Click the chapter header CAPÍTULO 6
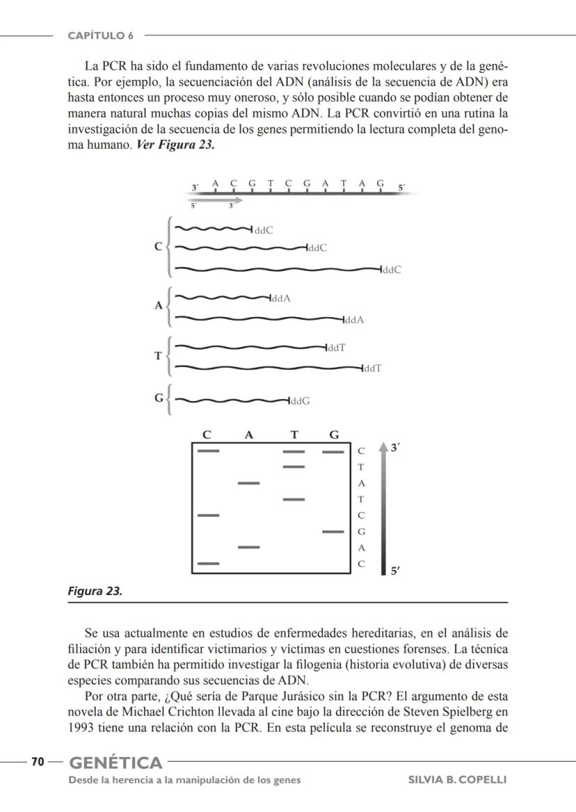100,35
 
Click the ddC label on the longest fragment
392,270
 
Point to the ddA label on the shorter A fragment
280,299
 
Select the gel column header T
294,435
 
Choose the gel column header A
248,435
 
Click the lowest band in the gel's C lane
208,563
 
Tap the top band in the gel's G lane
333,451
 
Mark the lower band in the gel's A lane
248,548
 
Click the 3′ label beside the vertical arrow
394,448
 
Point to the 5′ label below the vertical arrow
394,571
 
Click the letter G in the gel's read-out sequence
361,532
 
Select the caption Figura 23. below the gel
95,592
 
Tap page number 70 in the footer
38,762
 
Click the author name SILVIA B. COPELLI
457,779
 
